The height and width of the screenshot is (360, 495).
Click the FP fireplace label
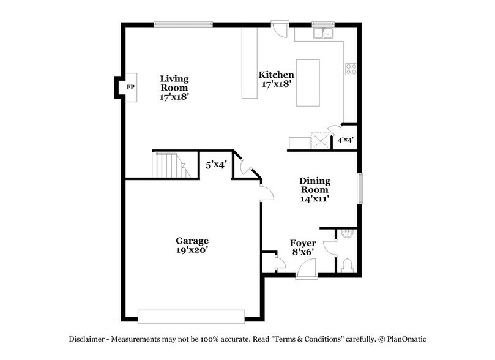130,88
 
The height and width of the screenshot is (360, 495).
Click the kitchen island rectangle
308,83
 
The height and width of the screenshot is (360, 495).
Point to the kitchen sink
322,33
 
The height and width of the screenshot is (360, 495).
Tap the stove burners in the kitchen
351,69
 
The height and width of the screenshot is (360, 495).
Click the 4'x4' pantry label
346,140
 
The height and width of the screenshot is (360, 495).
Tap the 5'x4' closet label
215,165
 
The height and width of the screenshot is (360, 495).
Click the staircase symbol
169,165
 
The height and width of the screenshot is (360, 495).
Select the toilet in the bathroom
346,264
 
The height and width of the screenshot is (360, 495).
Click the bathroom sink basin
347,234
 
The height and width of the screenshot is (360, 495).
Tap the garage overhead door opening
191,316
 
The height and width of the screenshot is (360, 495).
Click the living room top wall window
183,24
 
